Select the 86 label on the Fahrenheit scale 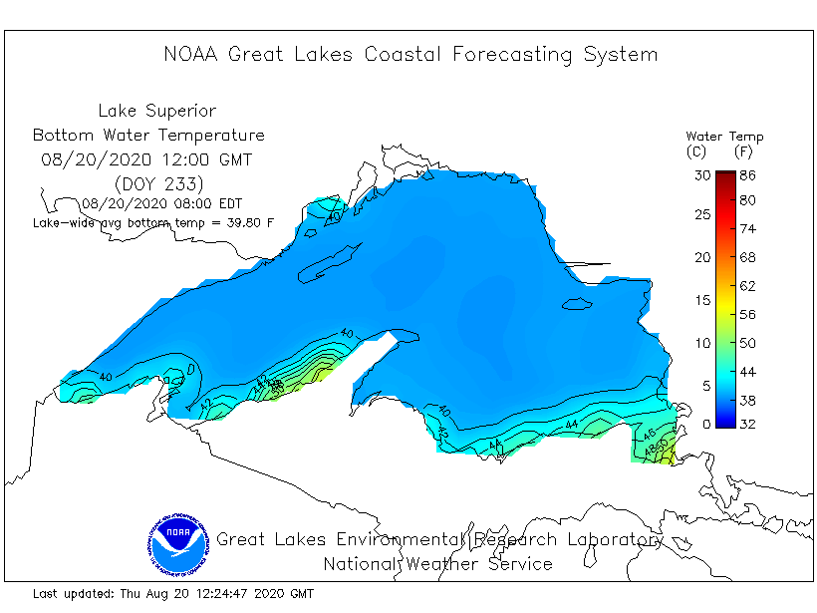pyautogui.click(x=747, y=174)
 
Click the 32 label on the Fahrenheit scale pyautogui.click(x=747, y=425)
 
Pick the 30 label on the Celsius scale pyautogui.click(x=702, y=174)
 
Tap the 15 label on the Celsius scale pyautogui.click(x=702, y=300)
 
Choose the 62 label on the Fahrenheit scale pyautogui.click(x=747, y=286)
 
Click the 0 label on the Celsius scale pyautogui.click(x=706, y=425)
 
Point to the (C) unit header pyautogui.click(x=697, y=152)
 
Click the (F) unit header pyautogui.click(x=742, y=152)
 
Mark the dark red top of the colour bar pyautogui.click(x=724, y=176)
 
